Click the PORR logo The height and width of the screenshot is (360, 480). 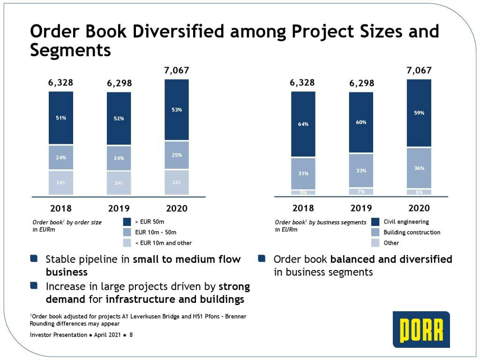pyautogui.click(x=421, y=330)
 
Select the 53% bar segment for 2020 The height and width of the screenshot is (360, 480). pyautogui.click(x=176, y=110)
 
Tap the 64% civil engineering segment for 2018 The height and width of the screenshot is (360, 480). pyautogui.click(x=303, y=124)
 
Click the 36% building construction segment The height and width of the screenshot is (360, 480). pyautogui.click(x=419, y=168)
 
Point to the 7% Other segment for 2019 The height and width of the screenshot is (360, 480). pyautogui.click(x=361, y=192)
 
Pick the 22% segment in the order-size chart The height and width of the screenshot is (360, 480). pyautogui.click(x=176, y=182)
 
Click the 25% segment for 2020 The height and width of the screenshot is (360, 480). pyautogui.click(x=176, y=155)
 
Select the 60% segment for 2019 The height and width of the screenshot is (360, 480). pyautogui.click(x=361, y=122)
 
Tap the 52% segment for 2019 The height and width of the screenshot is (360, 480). pyautogui.click(x=119, y=119)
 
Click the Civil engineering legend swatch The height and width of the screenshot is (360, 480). pyautogui.click(x=375, y=222)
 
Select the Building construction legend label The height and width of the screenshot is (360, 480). pyautogui.click(x=412, y=232)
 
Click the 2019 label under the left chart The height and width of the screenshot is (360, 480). pyautogui.click(x=119, y=209)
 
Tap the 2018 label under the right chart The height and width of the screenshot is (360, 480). pyautogui.click(x=303, y=208)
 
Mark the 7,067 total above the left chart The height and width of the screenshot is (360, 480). pyautogui.click(x=176, y=71)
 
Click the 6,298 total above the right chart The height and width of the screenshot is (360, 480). pyautogui.click(x=361, y=83)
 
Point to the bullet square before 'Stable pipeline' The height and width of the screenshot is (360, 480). pyautogui.click(x=33, y=259)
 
